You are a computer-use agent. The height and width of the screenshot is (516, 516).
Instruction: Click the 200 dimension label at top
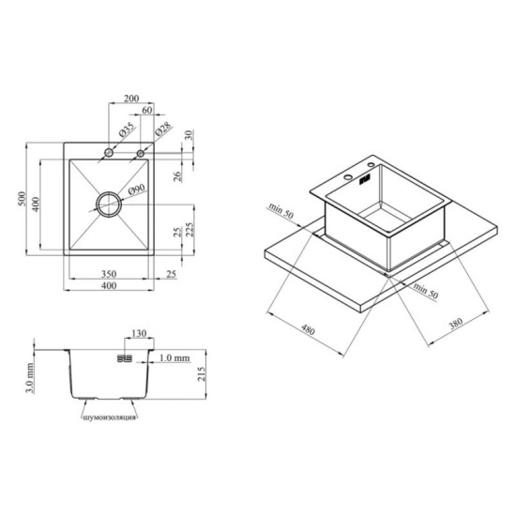131,99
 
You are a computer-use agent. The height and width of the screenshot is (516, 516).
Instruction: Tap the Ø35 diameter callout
127,129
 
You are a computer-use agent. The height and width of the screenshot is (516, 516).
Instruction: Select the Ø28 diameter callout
163,129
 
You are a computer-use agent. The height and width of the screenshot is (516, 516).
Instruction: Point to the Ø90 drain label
136,190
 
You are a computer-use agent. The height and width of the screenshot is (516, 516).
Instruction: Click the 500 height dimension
22,199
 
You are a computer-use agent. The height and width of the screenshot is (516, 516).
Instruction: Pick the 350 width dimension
109,274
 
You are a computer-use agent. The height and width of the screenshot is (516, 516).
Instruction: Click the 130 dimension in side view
139,333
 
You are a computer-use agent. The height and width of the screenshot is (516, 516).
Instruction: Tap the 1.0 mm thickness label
175,357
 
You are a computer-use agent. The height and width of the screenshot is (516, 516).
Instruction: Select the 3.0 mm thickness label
30,378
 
